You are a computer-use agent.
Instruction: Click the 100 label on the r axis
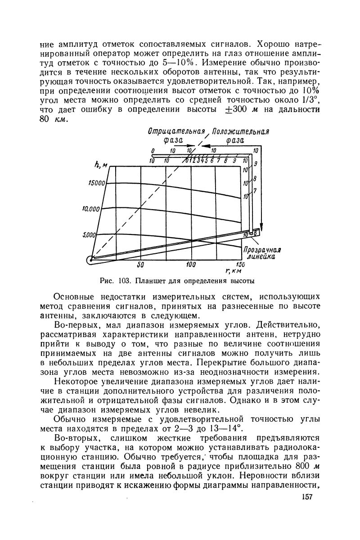point(191,264)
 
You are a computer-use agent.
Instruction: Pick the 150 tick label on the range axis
point(241,264)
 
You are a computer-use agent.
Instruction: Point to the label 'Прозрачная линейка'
point(262,253)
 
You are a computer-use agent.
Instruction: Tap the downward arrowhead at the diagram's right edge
point(261,228)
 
